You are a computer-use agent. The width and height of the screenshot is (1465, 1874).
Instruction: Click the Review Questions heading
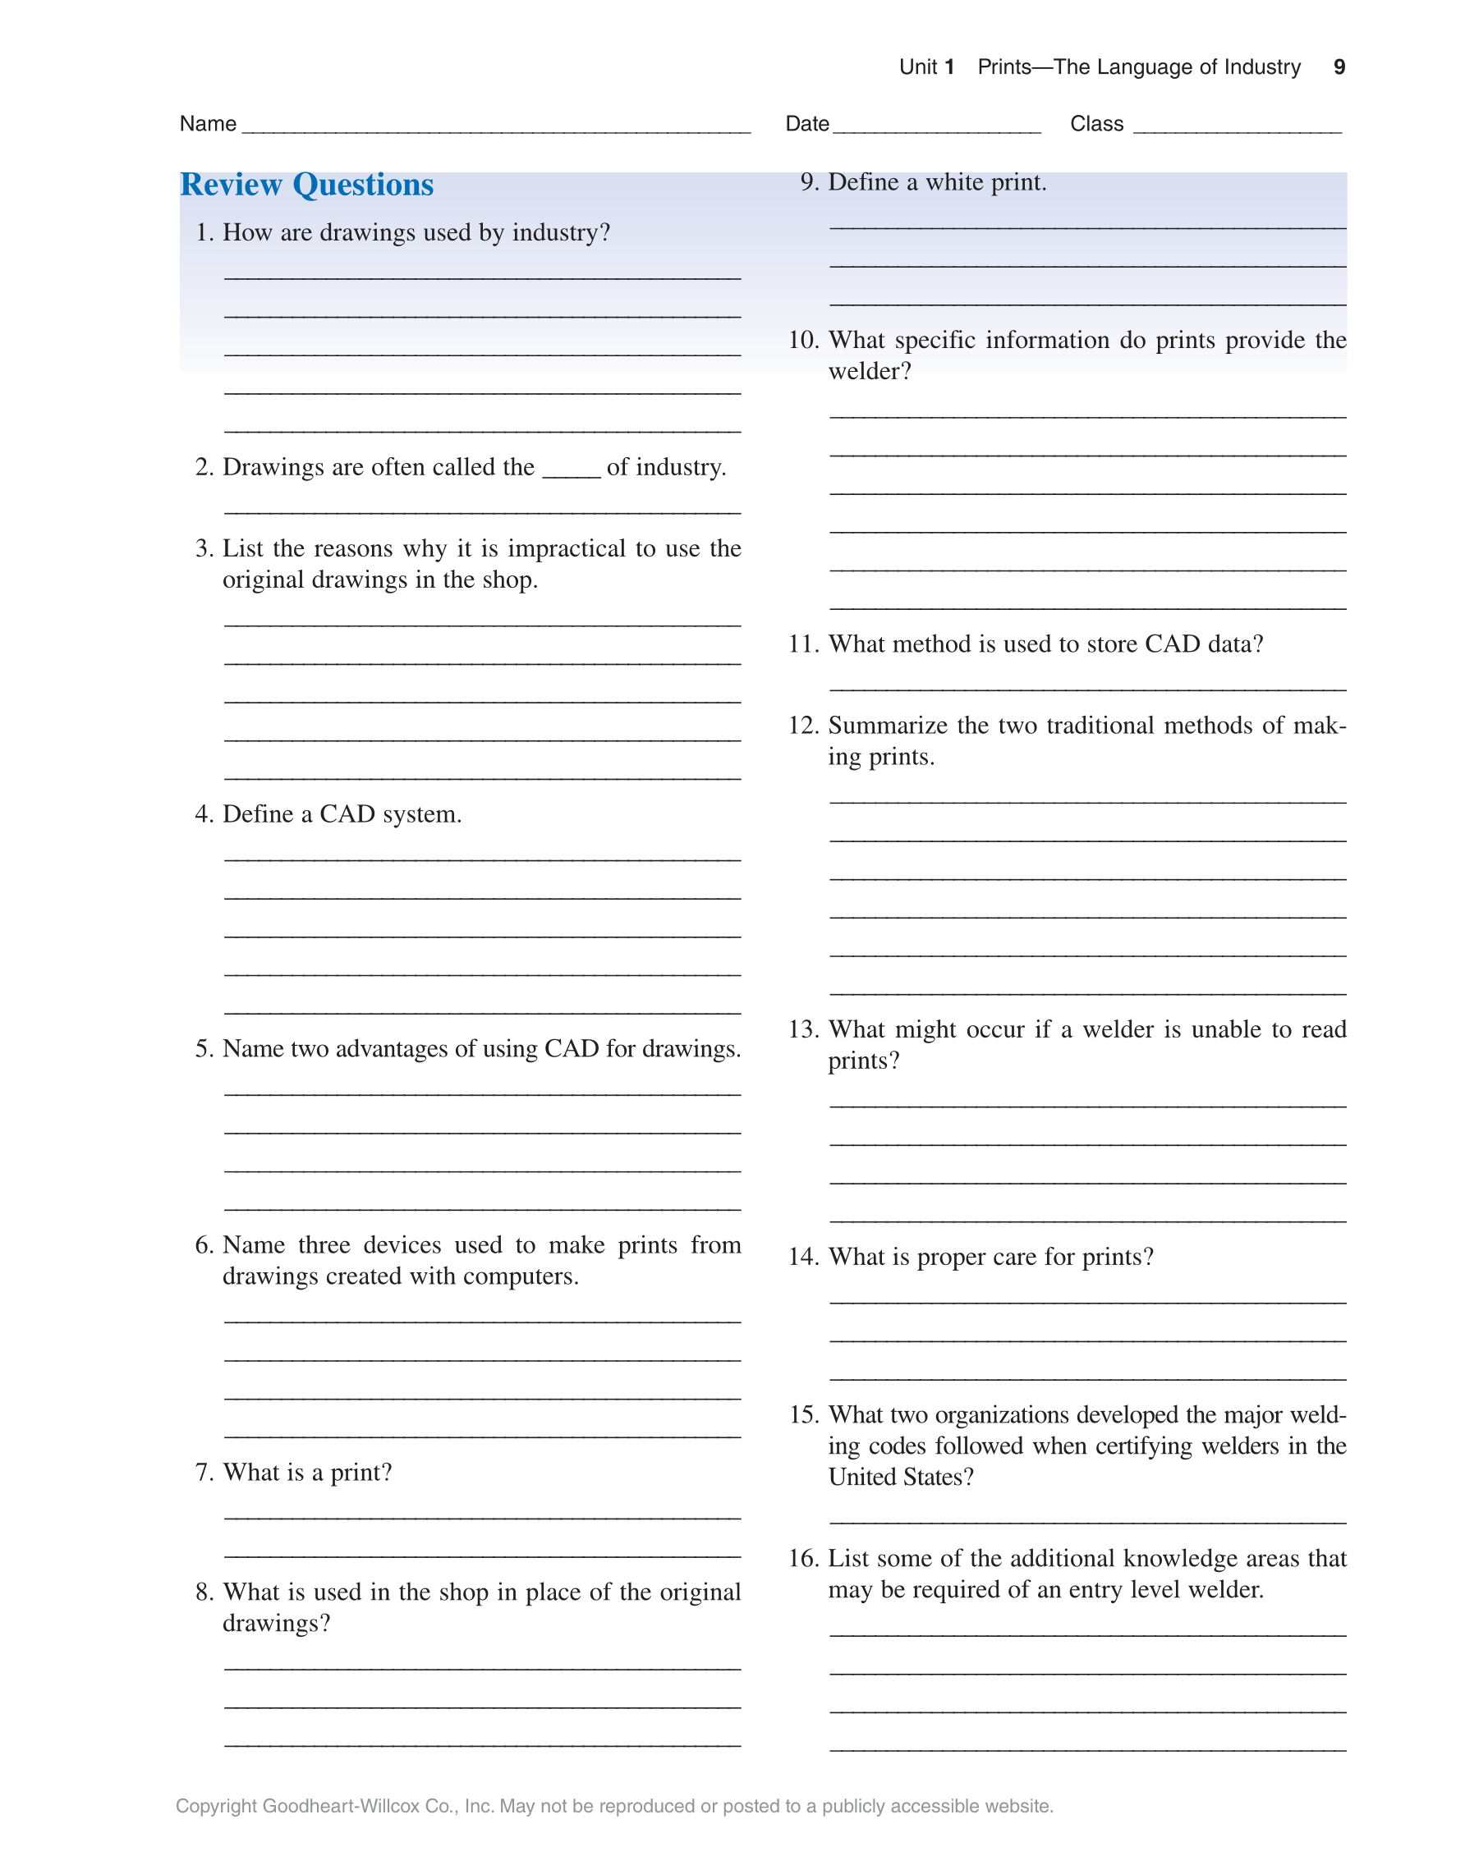[306, 186]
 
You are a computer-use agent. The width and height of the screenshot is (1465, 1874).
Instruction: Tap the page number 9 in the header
[1339, 67]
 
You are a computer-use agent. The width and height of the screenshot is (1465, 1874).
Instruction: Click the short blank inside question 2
[571, 474]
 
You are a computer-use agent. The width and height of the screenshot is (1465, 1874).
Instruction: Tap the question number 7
[204, 1473]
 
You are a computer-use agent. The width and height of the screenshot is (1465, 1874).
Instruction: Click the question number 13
[803, 1029]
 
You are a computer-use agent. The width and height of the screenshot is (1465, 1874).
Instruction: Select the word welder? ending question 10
[870, 372]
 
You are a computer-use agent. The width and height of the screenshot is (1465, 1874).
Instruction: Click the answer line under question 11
[1087, 689]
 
